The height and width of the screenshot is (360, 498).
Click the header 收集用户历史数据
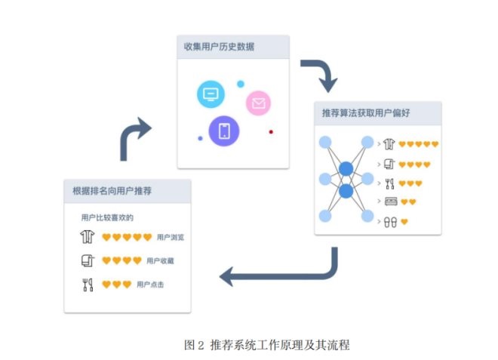coord(219,47)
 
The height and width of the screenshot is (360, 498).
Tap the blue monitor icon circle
coord(211,95)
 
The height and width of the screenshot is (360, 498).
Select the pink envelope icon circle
coord(258,103)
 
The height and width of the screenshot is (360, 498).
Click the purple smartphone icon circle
coord(224,131)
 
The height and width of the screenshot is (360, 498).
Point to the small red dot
coord(271,132)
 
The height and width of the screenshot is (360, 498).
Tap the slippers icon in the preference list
coord(391,222)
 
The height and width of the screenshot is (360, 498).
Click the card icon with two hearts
coord(391,202)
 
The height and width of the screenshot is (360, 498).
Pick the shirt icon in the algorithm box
coord(389,143)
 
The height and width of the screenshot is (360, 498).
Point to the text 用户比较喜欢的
coord(107,217)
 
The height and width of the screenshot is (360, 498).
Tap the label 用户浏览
coord(171,238)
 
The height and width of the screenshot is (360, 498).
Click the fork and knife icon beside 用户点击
coord(87,285)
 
